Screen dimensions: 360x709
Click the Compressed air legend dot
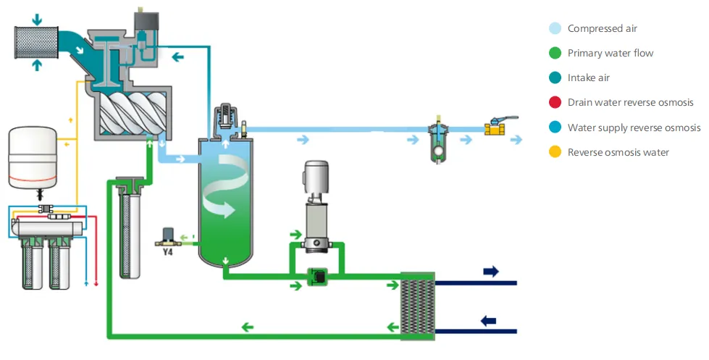pyautogui.click(x=554, y=29)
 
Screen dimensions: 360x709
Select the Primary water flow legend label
pyautogui.click(x=610, y=53)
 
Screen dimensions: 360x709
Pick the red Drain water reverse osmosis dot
pyautogui.click(x=554, y=102)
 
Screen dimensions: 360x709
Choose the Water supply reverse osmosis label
pyautogui.click(x=633, y=127)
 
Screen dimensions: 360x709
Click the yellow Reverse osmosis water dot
pyautogui.click(x=554, y=152)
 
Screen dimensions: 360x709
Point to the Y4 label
pyautogui.click(x=167, y=252)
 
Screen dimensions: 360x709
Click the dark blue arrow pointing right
pyautogui.click(x=491, y=272)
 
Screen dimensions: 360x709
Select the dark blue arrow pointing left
pyautogui.click(x=489, y=319)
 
